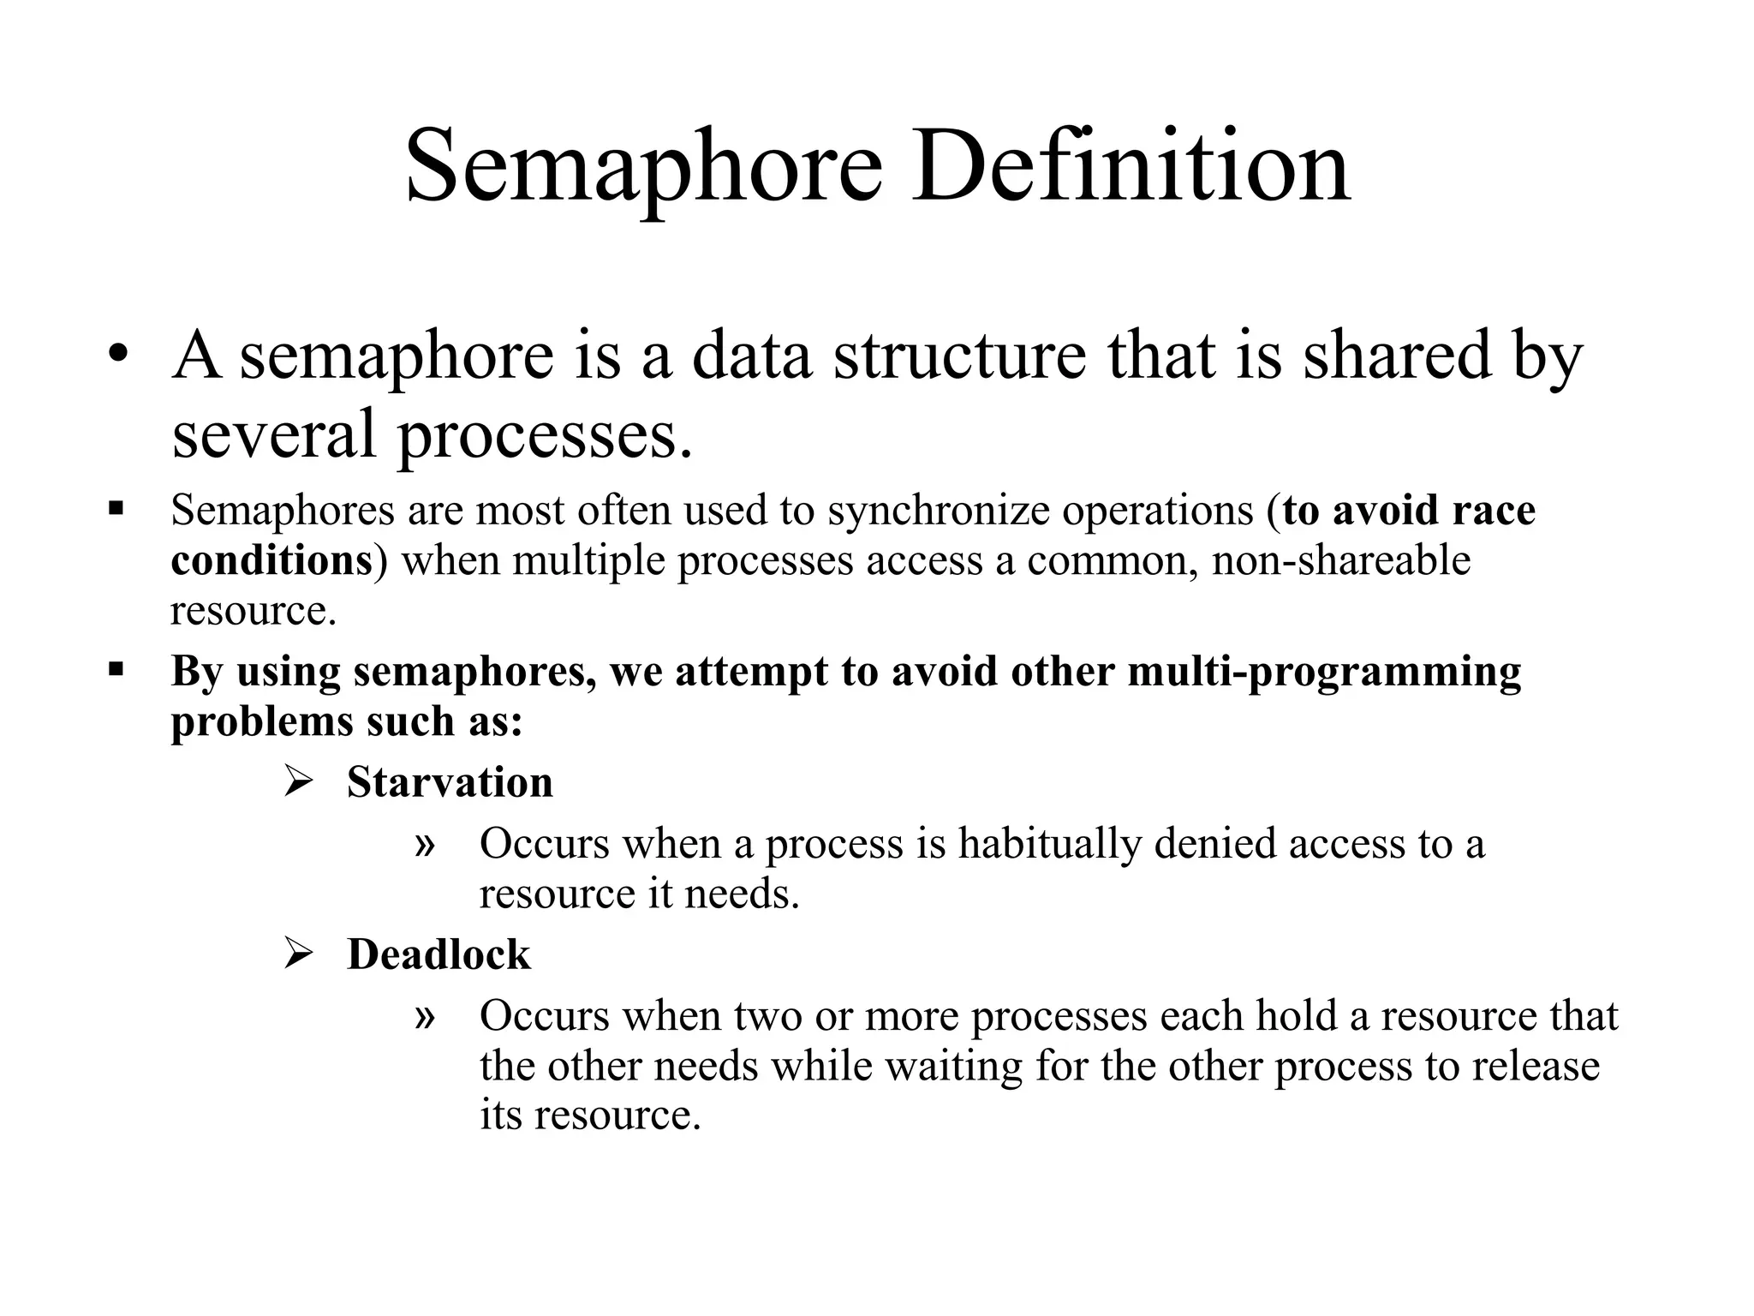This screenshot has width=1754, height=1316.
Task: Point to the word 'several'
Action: (x=273, y=434)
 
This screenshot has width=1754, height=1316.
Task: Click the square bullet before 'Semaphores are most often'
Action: (x=116, y=510)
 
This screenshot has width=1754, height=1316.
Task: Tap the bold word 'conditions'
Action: (x=271, y=561)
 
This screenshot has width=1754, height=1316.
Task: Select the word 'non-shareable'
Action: (x=1341, y=561)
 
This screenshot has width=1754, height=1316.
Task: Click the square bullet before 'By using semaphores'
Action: (x=116, y=667)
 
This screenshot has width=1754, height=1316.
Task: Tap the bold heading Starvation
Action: (x=450, y=782)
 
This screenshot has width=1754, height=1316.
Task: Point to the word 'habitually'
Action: (x=1049, y=844)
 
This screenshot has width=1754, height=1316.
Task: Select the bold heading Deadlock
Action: (x=438, y=954)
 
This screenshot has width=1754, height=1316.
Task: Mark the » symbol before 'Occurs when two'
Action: (x=425, y=1017)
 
